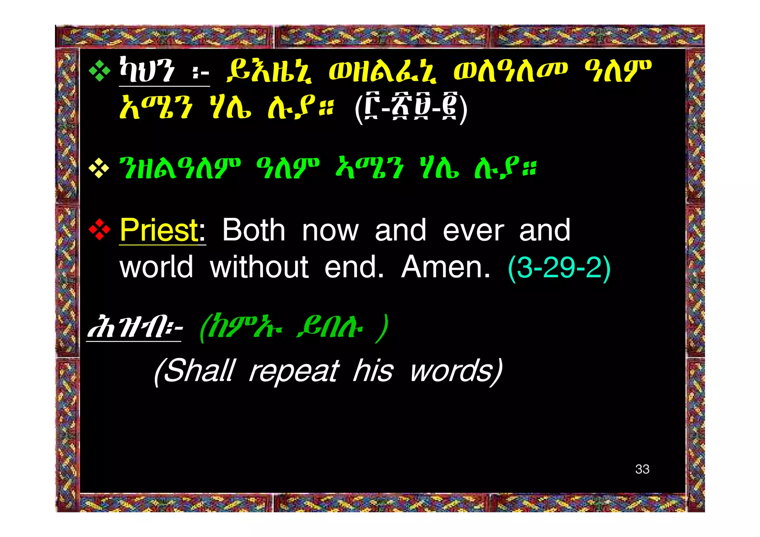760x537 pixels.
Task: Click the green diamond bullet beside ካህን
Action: tap(99, 71)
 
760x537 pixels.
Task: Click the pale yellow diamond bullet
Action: tap(99, 169)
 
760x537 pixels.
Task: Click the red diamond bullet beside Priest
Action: tap(99, 230)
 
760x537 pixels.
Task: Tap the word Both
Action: tap(254, 230)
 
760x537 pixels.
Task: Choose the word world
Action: tap(156, 267)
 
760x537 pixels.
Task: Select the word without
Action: tap(259, 267)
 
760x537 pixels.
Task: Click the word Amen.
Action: tap(446, 267)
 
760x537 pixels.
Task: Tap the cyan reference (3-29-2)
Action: tap(559, 268)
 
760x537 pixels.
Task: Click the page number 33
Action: tap(642, 469)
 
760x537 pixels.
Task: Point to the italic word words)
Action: tap(456, 371)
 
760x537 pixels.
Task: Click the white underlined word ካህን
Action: tap(147, 71)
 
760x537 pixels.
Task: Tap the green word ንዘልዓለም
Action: tap(180, 169)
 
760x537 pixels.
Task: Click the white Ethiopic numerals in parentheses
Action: tap(411, 108)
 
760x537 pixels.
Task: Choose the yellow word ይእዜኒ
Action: tap(270, 71)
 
